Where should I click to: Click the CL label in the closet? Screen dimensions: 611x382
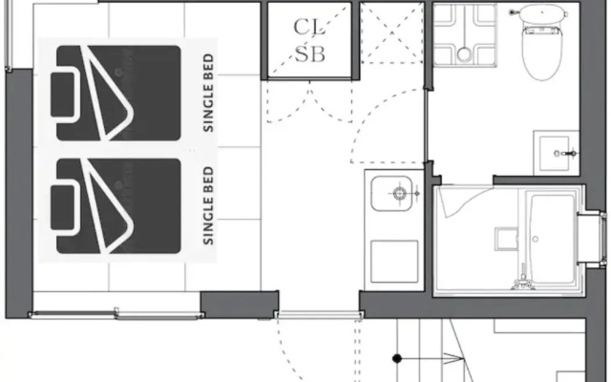[x=309, y=28]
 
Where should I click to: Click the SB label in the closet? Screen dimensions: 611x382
[x=309, y=53]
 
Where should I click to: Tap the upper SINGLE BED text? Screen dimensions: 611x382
[x=208, y=93]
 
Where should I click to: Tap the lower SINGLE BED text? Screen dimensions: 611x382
[x=208, y=206]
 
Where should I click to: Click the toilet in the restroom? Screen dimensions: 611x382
[x=542, y=41]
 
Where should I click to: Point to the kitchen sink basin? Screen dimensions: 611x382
[x=391, y=193]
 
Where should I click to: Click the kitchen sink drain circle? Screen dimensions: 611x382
[x=399, y=193]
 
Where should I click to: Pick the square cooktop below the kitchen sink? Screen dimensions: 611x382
[x=394, y=261]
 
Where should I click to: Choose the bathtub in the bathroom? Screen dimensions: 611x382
[x=551, y=239]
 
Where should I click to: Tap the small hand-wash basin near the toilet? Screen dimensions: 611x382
[x=556, y=153]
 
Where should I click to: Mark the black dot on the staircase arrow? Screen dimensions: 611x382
[x=397, y=358]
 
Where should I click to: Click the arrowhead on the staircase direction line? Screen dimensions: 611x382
[x=454, y=358]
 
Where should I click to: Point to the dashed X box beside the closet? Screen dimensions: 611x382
[x=392, y=32]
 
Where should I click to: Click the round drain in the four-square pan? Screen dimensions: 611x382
[x=464, y=53]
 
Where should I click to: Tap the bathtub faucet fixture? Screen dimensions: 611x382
[x=522, y=280]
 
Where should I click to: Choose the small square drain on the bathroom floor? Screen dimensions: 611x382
[x=506, y=239]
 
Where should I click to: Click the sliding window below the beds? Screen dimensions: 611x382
[x=116, y=314]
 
